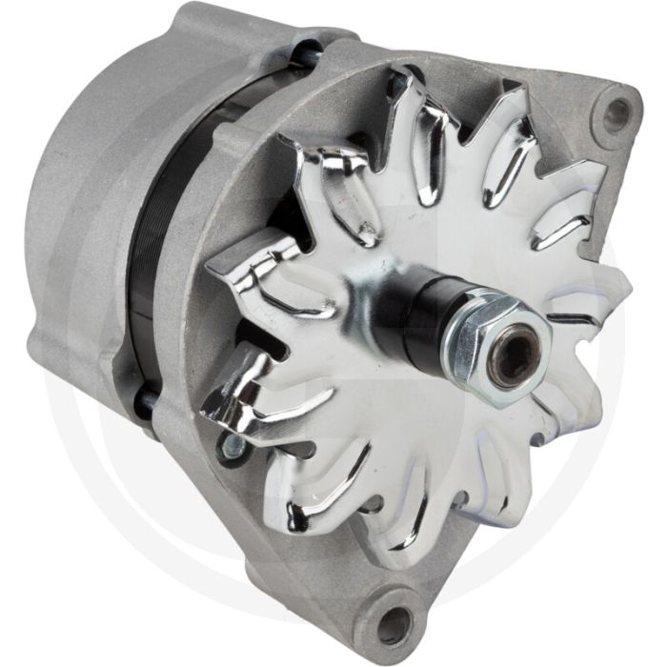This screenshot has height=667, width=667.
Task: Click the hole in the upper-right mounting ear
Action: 615,113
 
